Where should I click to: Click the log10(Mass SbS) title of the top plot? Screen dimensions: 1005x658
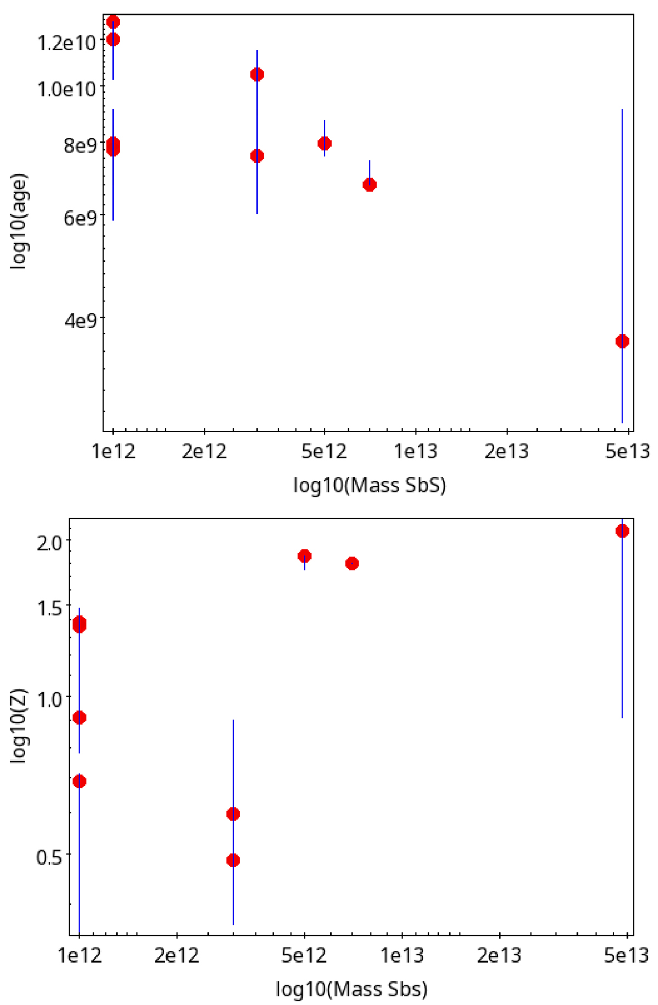pyautogui.click(x=370, y=485)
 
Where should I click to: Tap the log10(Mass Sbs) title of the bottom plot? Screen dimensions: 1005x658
pyautogui.click(x=351, y=989)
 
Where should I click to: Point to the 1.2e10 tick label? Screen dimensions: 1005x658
pyautogui.click(x=66, y=43)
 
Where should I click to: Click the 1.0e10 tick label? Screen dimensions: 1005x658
pyautogui.click(x=66, y=89)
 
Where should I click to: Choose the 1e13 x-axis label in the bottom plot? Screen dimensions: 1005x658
pyautogui.click(x=402, y=956)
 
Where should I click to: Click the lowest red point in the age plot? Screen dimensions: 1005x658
pyautogui.click(x=622, y=341)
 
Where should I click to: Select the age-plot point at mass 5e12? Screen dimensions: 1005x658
pyautogui.click(x=325, y=144)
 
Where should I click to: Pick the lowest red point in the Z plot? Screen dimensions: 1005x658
pyautogui.click(x=233, y=860)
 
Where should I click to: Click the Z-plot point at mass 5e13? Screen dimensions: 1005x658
pyautogui.click(x=622, y=531)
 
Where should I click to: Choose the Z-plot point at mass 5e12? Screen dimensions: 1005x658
pyautogui.click(x=304, y=556)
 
